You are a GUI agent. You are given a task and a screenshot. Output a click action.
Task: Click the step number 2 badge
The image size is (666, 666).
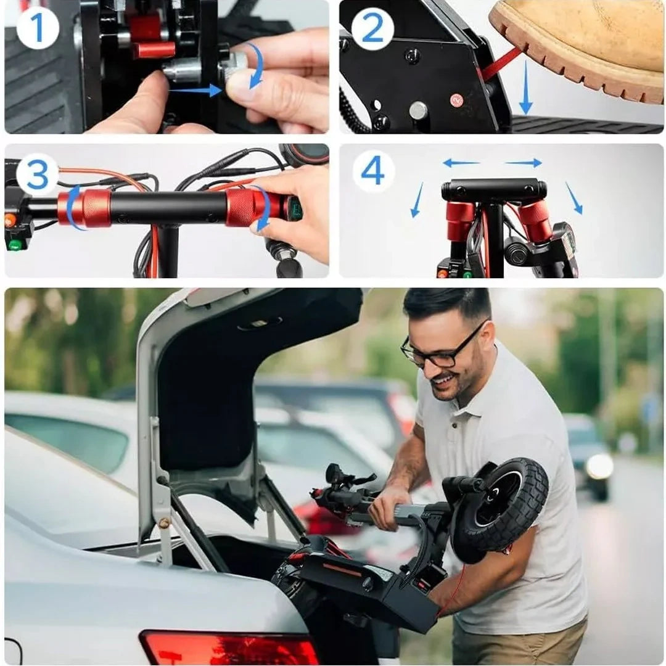click(372, 28)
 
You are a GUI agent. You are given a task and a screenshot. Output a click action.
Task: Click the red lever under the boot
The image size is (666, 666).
click(501, 64)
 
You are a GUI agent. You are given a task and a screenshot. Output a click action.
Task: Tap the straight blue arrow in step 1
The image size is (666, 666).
click(196, 91)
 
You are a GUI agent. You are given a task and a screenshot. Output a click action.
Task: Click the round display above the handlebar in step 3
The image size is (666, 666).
click(305, 155)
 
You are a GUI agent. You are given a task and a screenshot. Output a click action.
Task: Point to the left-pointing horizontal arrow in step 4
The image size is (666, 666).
click(461, 163)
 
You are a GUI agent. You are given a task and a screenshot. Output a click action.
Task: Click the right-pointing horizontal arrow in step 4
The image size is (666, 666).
click(524, 163)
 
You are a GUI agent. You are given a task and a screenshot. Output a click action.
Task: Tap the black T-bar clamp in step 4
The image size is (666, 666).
click(493, 190)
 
